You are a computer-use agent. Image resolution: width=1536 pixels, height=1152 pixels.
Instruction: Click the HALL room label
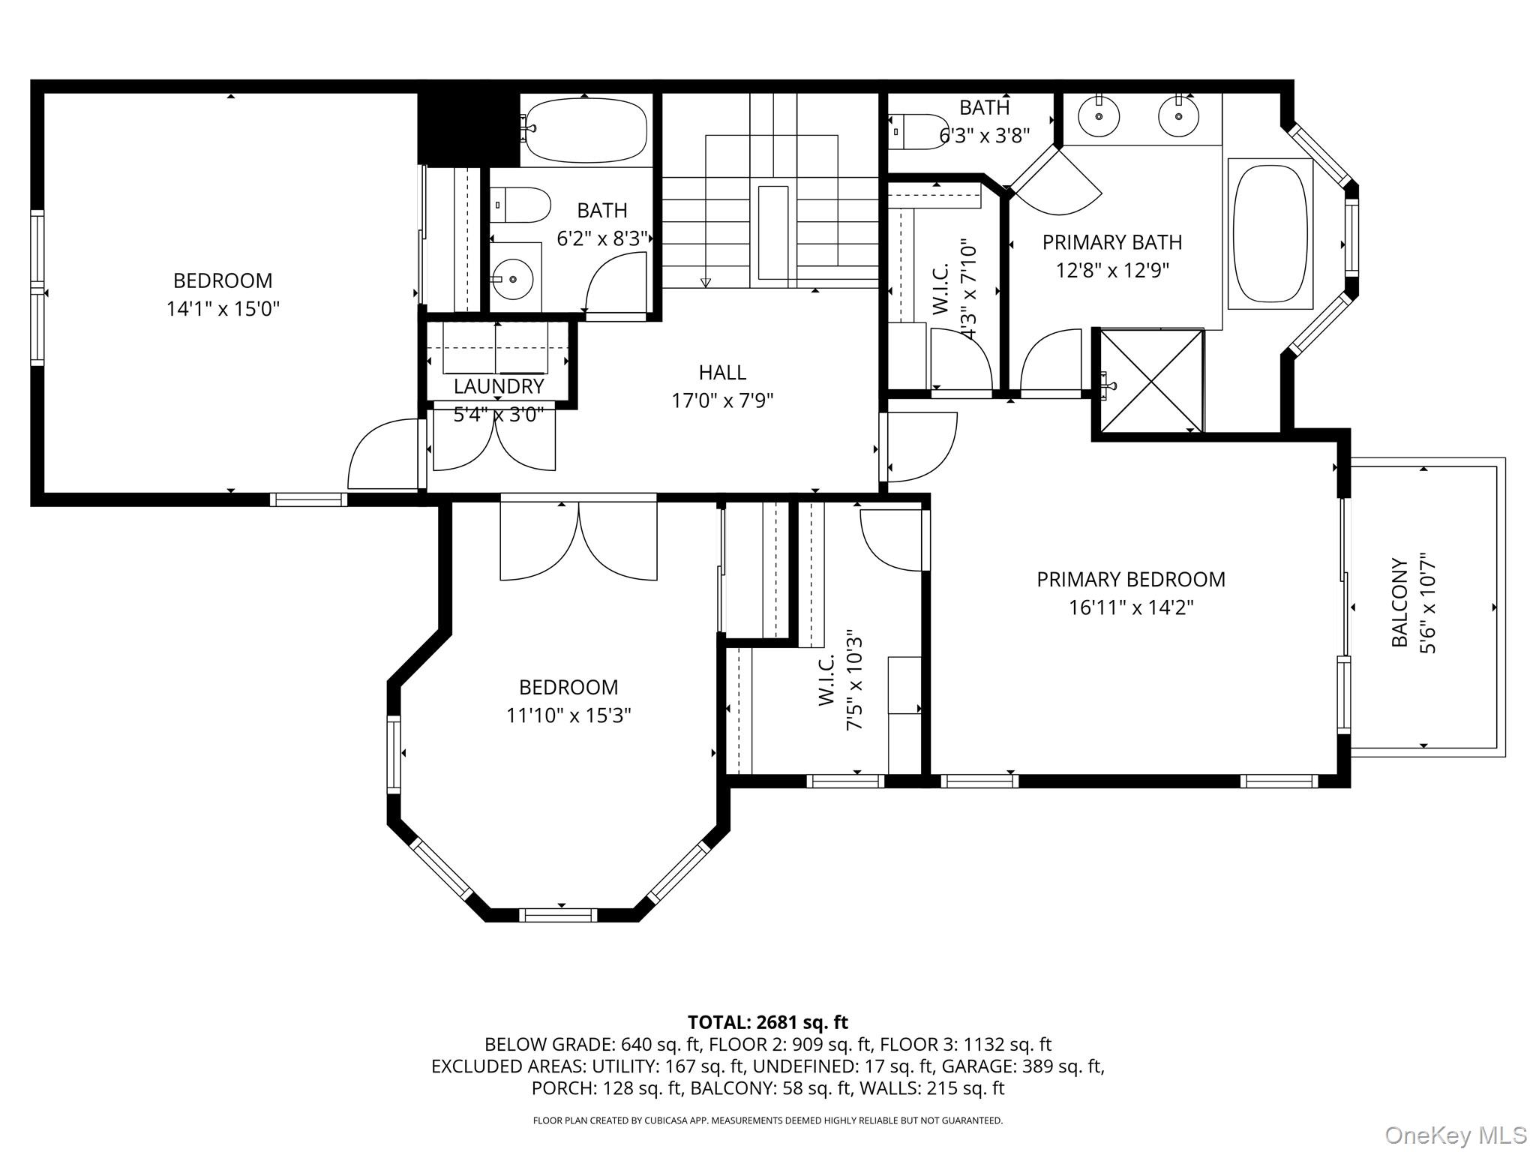coord(722,373)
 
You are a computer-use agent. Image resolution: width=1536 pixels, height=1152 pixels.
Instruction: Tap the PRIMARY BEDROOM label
coord(1130,580)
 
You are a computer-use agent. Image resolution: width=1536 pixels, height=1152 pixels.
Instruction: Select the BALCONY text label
coord(1399,602)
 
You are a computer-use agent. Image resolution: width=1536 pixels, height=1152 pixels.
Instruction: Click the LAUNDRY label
coord(499,387)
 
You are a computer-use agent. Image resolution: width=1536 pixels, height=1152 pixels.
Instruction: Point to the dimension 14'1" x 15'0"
coord(223,309)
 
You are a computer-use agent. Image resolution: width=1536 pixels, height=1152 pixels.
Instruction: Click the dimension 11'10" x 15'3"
coord(568,715)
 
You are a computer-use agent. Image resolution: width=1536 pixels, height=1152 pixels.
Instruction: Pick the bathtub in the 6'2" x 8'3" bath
coord(586,130)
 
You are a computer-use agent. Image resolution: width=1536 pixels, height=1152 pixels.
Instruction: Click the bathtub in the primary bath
coord(1270,233)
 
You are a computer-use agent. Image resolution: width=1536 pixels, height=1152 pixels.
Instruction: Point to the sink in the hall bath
coord(513,279)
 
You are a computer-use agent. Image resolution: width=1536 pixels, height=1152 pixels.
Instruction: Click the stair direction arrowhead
coord(705,283)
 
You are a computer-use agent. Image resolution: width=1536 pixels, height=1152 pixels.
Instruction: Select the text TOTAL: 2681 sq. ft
coord(767,1022)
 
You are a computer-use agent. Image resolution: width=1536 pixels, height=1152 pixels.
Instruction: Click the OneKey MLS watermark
coord(1455,1135)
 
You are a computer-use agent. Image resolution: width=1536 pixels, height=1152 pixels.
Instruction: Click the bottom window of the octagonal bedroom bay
coord(558,914)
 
